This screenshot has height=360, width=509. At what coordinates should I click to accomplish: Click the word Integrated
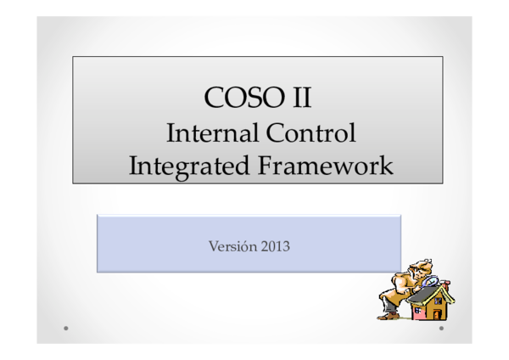tap(176, 165)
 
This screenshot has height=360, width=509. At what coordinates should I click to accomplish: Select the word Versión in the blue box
tap(232, 247)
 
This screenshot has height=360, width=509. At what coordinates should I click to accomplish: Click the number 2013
tap(277, 247)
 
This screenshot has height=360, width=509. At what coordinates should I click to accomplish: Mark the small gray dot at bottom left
tap(65, 328)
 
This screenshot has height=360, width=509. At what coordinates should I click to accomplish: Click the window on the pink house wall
tap(417, 310)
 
